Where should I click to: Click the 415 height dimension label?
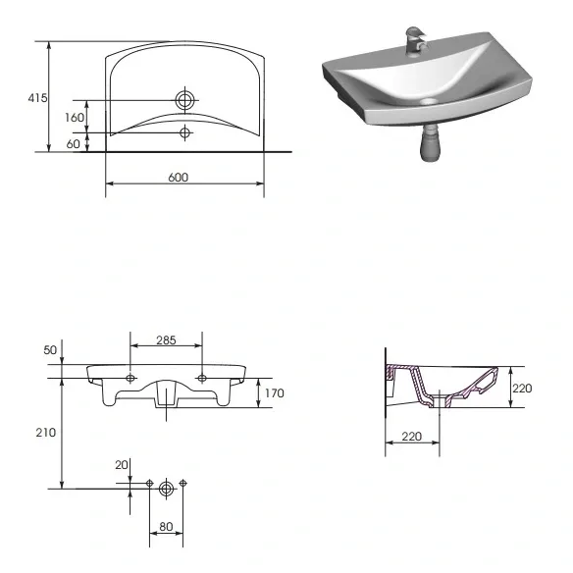pos(37,98)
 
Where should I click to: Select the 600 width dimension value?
pos(179,178)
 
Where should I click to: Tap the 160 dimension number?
pos(75,118)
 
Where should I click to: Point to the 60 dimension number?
pos(73,144)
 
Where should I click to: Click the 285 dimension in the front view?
pos(166,340)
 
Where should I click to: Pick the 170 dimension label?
pos(275,393)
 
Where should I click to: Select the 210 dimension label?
pos(46,433)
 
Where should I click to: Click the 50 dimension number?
pos(50,350)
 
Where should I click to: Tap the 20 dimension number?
pos(122,465)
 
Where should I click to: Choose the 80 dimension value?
pos(166,527)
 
